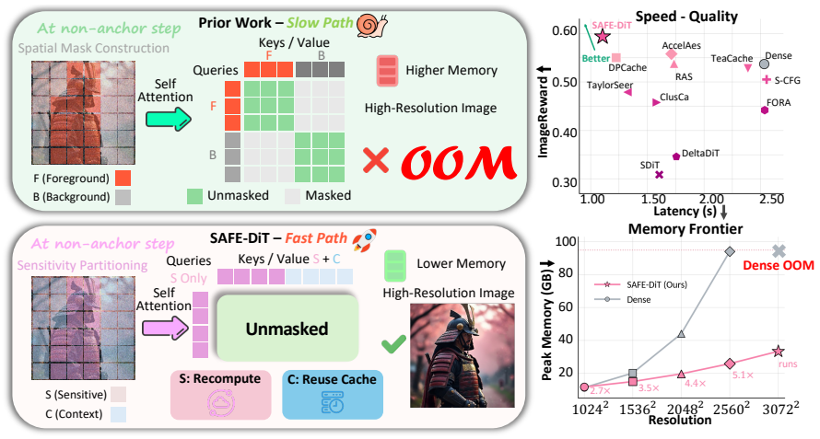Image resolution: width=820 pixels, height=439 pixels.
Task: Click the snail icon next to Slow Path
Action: tap(372, 25)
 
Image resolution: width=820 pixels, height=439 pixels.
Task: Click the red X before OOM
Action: tap(376, 159)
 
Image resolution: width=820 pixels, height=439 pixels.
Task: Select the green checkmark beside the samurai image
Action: tap(393, 344)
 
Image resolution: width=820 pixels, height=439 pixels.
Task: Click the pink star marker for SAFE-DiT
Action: tap(603, 37)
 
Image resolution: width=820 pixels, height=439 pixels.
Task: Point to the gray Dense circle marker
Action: tap(764, 64)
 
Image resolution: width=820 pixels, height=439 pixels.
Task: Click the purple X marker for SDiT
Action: tap(659, 175)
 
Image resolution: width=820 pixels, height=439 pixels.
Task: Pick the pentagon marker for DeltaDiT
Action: tap(675, 156)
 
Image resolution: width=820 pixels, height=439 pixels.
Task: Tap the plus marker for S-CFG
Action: tap(767, 79)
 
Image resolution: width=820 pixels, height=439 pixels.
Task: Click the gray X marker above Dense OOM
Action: tap(779, 251)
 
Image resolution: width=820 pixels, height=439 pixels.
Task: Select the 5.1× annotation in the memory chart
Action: tap(743, 375)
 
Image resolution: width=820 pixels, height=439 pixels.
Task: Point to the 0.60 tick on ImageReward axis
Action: tap(564, 31)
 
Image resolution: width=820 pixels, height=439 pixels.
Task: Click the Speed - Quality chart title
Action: tap(686, 17)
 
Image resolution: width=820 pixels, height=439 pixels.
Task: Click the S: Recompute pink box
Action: tap(221, 395)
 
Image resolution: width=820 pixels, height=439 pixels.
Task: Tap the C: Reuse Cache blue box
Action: tap(333, 395)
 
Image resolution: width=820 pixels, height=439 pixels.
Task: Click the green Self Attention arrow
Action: tap(169, 119)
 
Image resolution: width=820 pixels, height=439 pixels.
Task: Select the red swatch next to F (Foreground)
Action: tap(123, 179)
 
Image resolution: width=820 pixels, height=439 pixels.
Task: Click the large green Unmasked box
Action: tap(287, 329)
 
